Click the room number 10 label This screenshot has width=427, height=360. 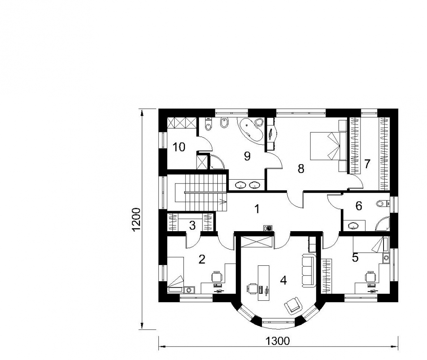[x=179, y=147]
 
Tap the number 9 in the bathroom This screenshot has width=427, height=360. [x=247, y=156]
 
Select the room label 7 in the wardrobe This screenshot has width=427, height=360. [x=367, y=164]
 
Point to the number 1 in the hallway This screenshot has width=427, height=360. [x=257, y=209]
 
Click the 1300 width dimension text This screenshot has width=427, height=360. [x=277, y=341]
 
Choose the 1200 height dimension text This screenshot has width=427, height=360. [x=137, y=220]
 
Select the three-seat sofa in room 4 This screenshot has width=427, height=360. [x=309, y=270]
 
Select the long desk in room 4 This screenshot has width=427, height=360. [x=264, y=283]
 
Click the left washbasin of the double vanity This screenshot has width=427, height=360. [x=241, y=185]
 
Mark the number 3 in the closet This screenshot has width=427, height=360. [x=192, y=225]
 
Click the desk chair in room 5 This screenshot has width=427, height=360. [x=370, y=277]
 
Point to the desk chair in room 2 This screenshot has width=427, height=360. [x=217, y=277]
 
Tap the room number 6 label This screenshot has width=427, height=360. [x=359, y=206]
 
